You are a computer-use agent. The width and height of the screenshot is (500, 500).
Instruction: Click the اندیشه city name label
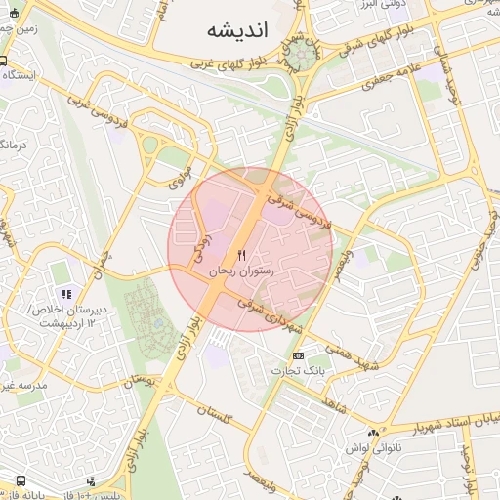236,30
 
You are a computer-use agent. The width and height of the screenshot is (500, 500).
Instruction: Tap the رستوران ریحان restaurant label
242,270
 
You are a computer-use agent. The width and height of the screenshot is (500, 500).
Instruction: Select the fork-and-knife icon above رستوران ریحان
242,255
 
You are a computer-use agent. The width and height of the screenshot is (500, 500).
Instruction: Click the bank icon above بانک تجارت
298,355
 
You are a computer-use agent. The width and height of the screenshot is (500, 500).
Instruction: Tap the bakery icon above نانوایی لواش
371,433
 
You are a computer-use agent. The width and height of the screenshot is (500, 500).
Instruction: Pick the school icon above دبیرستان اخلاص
66,294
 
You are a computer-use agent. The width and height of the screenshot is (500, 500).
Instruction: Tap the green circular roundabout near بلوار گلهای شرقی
299,56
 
